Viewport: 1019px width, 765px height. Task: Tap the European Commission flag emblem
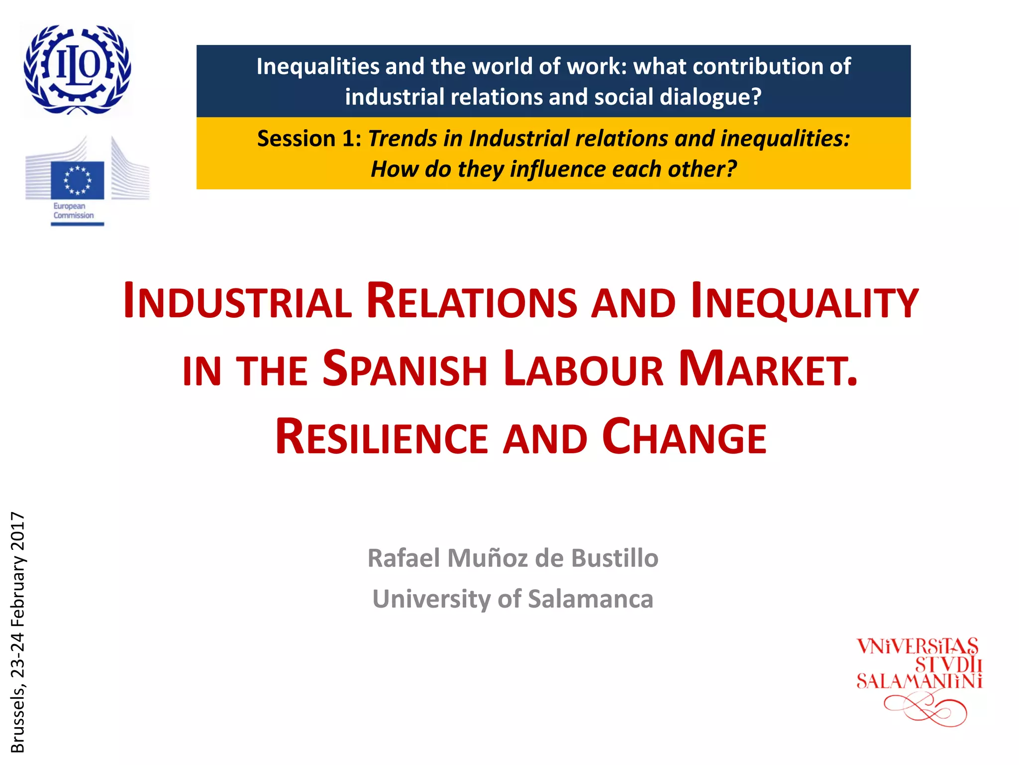(x=77, y=180)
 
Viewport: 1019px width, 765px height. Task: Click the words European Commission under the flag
(x=73, y=211)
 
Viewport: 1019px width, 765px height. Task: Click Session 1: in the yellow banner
(x=309, y=139)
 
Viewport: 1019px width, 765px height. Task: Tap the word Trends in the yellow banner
(x=403, y=139)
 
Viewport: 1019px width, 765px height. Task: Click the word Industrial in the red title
(x=237, y=302)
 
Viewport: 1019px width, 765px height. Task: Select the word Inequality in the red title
(x=804, y=302)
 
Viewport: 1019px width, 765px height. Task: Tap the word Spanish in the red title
(x=405, y=370)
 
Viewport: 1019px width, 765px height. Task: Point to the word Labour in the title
(x=583, y=370)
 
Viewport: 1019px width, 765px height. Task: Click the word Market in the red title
(x=768, y=370)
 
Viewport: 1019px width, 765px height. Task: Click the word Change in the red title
(x=684, y=437)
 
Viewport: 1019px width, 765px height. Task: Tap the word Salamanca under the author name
(x=590, y=599)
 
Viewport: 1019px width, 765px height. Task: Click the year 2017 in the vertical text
(x=18, y=529)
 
